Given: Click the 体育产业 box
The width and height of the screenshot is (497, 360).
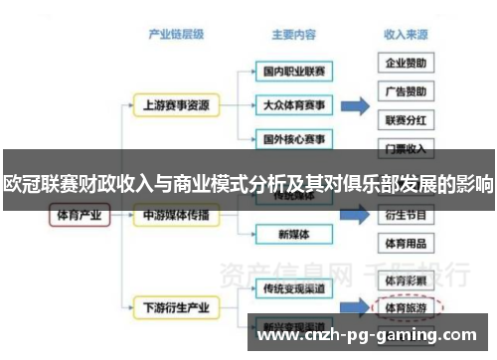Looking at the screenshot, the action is coord(77,215).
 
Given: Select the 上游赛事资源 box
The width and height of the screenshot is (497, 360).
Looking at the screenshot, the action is coord(175,103).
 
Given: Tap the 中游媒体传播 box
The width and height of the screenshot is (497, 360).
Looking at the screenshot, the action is coord(175,215).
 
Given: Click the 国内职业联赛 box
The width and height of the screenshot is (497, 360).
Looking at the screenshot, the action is coord(293,73).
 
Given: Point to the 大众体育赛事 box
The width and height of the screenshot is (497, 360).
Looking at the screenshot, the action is coord(293,103).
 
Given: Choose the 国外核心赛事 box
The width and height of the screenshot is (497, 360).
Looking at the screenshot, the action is coord(293,136).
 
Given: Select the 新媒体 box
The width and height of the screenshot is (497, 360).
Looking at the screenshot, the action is coord(293,235).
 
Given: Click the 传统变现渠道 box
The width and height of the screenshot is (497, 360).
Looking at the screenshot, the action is coord(293,288).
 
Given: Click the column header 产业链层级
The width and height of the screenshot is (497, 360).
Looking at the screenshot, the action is coord(175,34).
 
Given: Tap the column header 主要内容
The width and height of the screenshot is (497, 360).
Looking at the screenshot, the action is coord(293,34).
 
